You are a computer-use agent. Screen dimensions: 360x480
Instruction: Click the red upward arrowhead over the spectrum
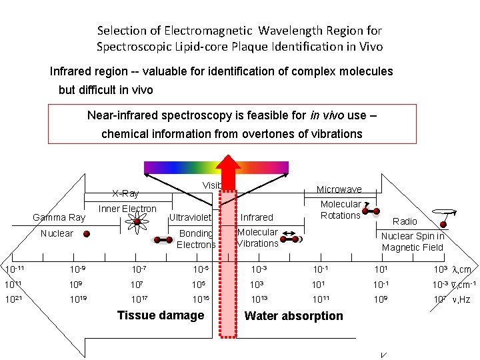coord(229,169)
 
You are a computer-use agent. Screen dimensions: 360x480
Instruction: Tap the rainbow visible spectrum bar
coord(180,167)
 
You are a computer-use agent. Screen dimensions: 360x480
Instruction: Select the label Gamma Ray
coord(59,217)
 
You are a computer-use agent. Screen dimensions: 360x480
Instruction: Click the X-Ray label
coord(125,193)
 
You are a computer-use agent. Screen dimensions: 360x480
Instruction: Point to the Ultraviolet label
coord(191,217)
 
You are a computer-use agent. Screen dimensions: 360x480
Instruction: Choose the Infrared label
coord(257,217)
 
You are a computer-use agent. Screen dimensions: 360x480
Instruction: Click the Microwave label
coord(339,190)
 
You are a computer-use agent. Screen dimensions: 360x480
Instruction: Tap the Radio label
coord(405,221)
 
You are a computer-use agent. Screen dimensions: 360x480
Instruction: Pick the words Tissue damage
coord(161,315)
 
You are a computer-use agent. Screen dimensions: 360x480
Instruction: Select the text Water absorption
coord(294,316)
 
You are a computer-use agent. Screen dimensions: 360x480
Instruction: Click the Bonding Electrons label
coord(196,239)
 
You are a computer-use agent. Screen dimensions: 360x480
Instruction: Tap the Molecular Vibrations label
coord(257,237)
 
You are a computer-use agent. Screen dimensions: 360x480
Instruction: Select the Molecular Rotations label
coord(341,209)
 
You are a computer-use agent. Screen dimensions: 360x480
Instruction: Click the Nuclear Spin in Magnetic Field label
coord(413,241)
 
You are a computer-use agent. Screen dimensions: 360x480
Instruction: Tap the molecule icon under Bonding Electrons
coord(162,240)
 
